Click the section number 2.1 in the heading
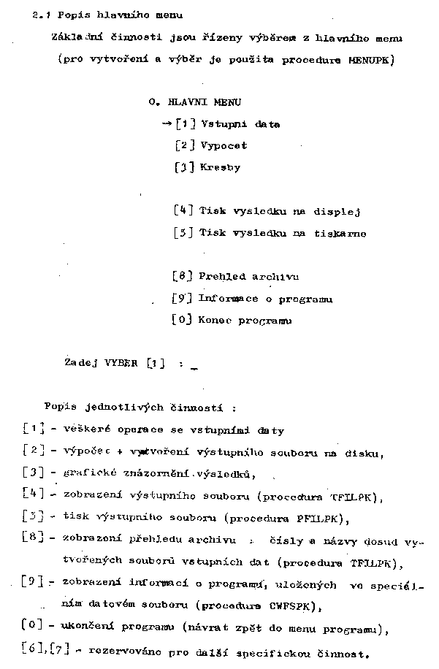tap(40, 15)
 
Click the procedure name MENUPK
tap(369, 60)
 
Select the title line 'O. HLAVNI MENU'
tap(194, 102)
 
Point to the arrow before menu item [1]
tap(167, 123)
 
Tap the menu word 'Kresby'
tap(219, 167)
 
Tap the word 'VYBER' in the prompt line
tap(121, 363)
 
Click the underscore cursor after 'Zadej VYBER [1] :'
tap(194, 369)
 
